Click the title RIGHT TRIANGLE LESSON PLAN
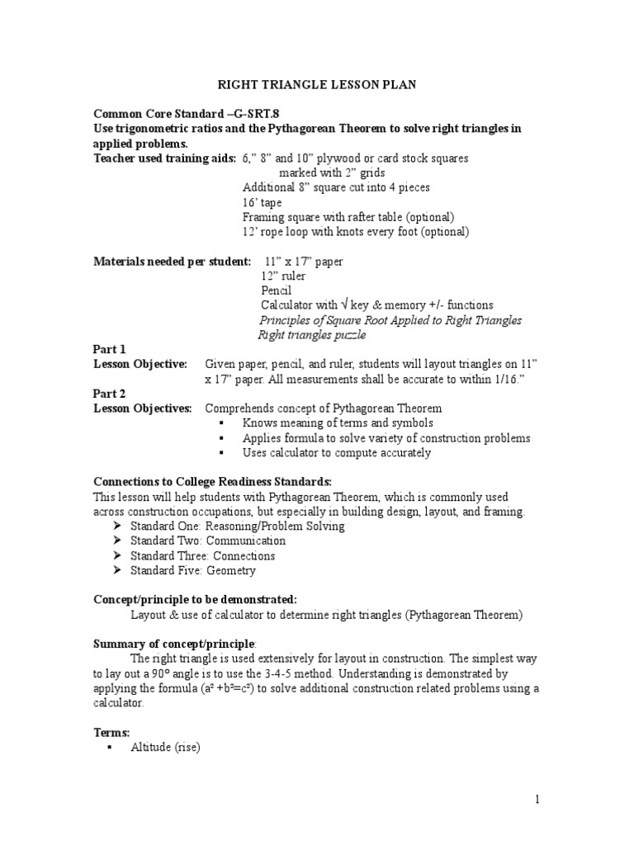pyautogui.click(x=316, y=84)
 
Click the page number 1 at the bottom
pyautogui.click(x=536, y=799)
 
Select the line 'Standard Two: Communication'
pyautogui.click(x=208, y=541)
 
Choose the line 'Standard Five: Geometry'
pyautogui.click(x=193, y=570)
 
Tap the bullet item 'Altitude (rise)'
pyautogui.click(x=165, y=748)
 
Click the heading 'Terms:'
pyautogui.click(x=111, y=732)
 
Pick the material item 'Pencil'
pyautogui.click(x=276, y=290)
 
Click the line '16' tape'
pyautogui.click(x=262, y=202)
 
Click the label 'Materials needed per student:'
pyautogui.click(x=172, y=262)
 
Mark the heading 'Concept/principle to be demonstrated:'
pyautogui.click(x=195, y=598)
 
